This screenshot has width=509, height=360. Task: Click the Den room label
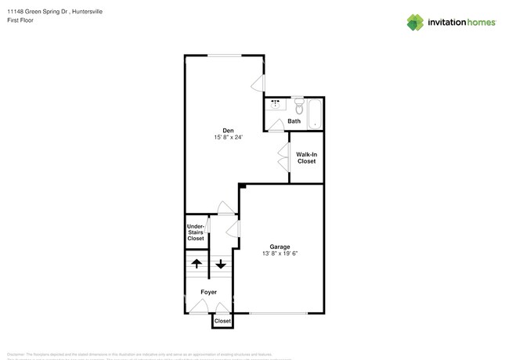click(x=228, y=130)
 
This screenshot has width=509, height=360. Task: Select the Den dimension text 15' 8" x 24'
click(x=228, y=138)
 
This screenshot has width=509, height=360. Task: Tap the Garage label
click(x=280, y=243)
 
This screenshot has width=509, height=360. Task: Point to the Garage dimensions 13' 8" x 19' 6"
click(x=280, y=252)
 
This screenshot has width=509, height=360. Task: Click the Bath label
click(x=294, y=121)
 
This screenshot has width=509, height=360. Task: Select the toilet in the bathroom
click(x=298, y=104)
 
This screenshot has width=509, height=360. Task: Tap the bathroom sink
click(x=276, y=104)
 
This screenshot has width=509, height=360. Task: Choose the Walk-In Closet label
click(x=306, y=157)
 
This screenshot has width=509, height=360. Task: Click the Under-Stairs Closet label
click(x=196, y=232)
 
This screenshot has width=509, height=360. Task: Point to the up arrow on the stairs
click(x=196, y=264)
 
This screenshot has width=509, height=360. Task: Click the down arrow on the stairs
click(x=221, y=264)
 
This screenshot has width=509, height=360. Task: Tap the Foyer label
click(x=208, y=292)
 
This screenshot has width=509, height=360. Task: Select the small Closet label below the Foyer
click(x=222, y=321)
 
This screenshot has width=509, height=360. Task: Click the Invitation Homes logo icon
click(x=417, y=23)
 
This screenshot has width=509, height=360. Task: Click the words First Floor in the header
click(x=23, y=22)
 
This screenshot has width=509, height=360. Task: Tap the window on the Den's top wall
click(x=224, y=55)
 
